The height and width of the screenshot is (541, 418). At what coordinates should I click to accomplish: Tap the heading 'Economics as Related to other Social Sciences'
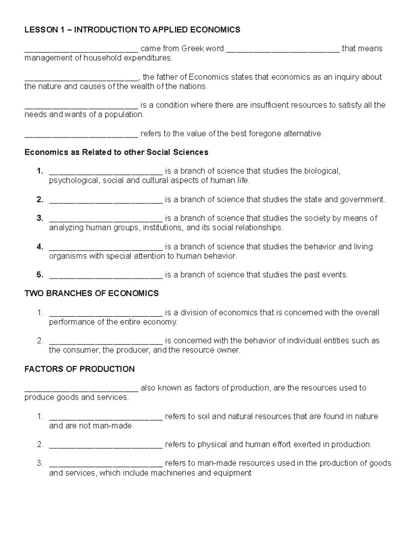[x=116, y=152]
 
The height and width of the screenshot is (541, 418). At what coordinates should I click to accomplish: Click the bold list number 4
[x=40, y=247]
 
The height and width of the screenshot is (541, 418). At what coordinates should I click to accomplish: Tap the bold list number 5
[x=40, y=275]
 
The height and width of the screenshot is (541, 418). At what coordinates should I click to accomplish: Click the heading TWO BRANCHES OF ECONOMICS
[x=92, y=293]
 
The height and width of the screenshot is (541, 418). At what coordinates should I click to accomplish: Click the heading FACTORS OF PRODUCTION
[x=79, y=369]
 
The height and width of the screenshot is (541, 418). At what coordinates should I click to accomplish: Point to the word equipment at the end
[x=232, y=473]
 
